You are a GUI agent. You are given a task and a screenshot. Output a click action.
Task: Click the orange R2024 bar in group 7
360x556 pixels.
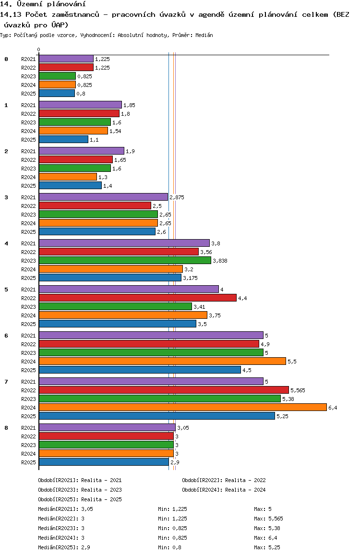tap(183, 408)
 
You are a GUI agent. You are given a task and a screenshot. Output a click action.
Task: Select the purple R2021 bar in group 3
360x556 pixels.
tap(104, 197)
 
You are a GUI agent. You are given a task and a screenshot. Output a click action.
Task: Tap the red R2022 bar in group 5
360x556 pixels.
tap(138, 298)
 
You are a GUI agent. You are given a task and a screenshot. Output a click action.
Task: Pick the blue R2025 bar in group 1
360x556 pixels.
tap(63, 139)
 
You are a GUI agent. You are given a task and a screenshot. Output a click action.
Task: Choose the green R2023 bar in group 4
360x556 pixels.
tap(125, 260)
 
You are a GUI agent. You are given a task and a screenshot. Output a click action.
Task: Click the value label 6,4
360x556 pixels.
tap(333, 408)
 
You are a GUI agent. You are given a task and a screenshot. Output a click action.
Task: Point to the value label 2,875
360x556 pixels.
tap(177, 197)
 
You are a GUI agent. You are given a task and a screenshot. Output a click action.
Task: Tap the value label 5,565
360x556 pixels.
tap(298, 390)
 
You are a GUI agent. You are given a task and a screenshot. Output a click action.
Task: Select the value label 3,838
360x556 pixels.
tap(220, 261)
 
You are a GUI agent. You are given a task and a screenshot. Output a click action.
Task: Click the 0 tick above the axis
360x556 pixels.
tap(38, 49)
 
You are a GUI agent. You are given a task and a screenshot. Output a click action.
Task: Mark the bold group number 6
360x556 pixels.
tap(6, 336)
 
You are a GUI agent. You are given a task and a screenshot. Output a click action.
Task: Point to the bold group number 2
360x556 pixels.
tap(6, 151)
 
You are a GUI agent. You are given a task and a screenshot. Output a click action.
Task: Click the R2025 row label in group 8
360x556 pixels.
tap(28, 462)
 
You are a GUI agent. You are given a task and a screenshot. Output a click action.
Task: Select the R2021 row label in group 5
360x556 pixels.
tap(28, 290)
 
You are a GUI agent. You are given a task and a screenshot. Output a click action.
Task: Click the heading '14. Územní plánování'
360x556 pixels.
tap(43, 4)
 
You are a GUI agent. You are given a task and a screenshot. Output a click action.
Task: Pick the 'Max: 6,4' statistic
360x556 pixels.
tap(266, 538)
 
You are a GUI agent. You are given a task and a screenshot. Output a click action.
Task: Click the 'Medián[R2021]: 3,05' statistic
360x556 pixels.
tap(66, 509)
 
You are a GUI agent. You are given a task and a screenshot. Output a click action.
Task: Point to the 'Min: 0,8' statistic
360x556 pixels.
tap(170, 547)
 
